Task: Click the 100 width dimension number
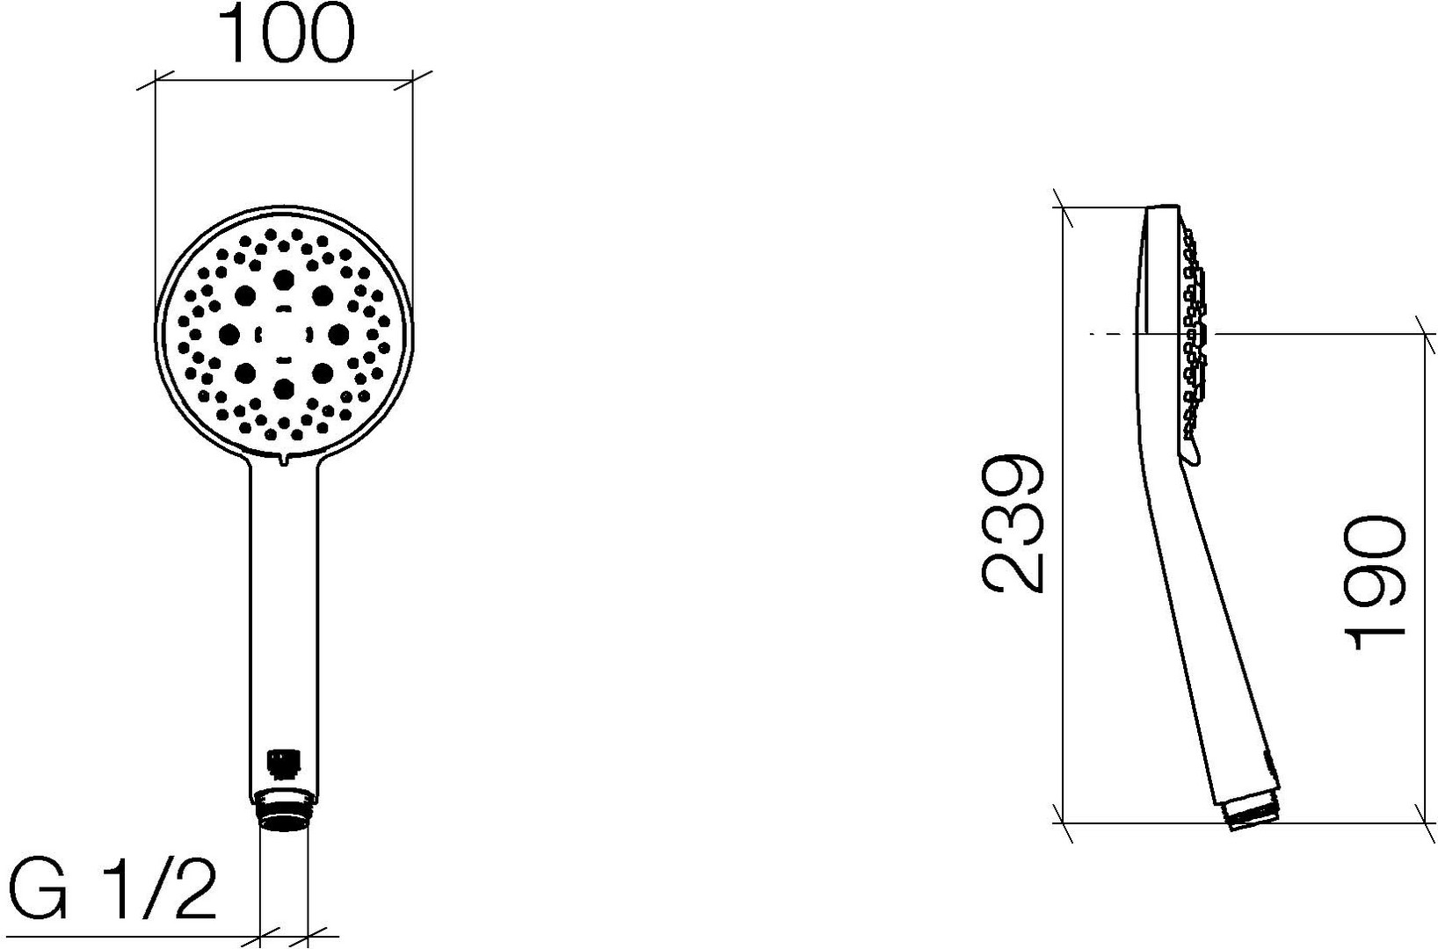click(x=287, y=34)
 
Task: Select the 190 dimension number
click(x=1375, y=583)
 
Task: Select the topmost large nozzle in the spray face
click(x=283, y=279)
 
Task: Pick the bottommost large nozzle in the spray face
click(x=283, y=388)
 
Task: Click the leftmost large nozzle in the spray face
click(x=229, y=334)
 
